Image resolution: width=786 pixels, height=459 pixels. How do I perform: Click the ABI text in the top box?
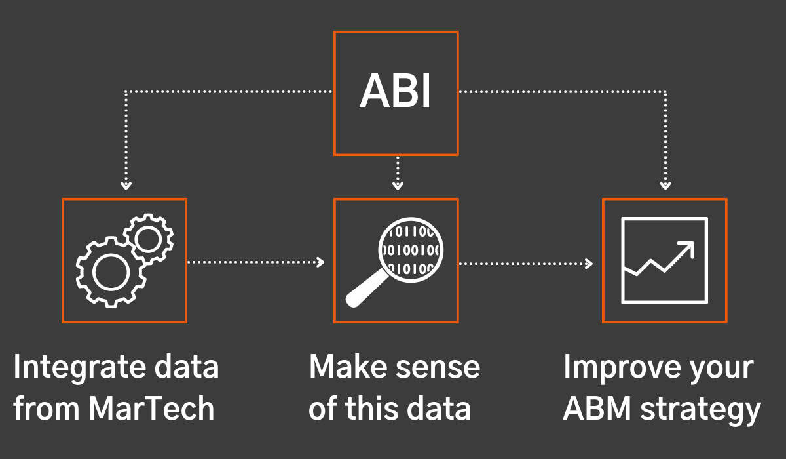coord(396,92)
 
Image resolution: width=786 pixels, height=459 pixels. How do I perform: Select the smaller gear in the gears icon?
coord(148,239)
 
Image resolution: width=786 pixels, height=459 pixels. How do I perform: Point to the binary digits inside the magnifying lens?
coord(411,250)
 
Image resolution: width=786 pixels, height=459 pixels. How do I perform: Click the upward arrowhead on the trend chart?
coord(686,248)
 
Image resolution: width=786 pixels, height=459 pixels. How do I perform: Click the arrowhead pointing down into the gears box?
coord(126,185)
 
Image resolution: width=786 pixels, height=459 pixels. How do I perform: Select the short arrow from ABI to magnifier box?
coord(396,174)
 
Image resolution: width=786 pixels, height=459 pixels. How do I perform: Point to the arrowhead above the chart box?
coord(665,185)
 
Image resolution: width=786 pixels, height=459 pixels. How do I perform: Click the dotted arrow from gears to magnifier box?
coord(255,262)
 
